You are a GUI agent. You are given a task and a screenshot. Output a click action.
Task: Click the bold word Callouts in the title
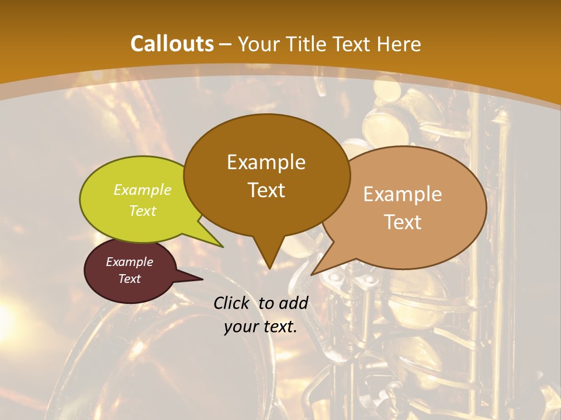coord(172,44)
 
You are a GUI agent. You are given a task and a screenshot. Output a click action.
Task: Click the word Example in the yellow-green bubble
coord(143,190)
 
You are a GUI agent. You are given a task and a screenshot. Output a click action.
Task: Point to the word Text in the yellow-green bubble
coord(143,211)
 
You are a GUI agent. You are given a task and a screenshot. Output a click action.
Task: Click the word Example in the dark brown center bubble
coord(266,162)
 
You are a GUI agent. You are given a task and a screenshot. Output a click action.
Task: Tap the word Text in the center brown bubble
coord(266,190)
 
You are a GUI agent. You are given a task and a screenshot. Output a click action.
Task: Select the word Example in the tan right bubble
coord(403,194)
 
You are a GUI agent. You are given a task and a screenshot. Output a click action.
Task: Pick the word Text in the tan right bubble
coord(403,222)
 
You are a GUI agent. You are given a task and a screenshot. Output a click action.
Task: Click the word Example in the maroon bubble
coord(129,262)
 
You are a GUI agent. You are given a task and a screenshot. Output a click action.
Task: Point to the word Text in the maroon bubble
coord(129,279)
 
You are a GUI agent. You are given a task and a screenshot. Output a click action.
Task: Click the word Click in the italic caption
coord(232,303)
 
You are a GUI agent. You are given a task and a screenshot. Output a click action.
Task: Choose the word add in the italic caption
coord(294,303)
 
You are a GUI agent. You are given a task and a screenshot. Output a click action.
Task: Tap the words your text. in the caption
coord(260,327)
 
